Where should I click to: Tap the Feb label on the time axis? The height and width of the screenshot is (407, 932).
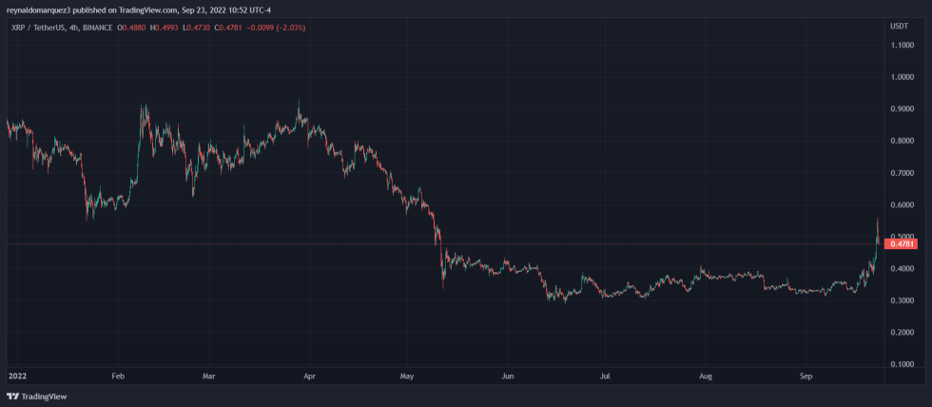click(x=118, y=376)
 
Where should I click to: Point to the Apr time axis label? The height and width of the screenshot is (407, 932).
click(x=308, y=376)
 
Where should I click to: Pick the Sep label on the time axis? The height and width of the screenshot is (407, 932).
click(x=805, y=376)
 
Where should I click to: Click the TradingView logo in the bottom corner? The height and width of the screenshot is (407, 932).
click(x=29, y=396)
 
